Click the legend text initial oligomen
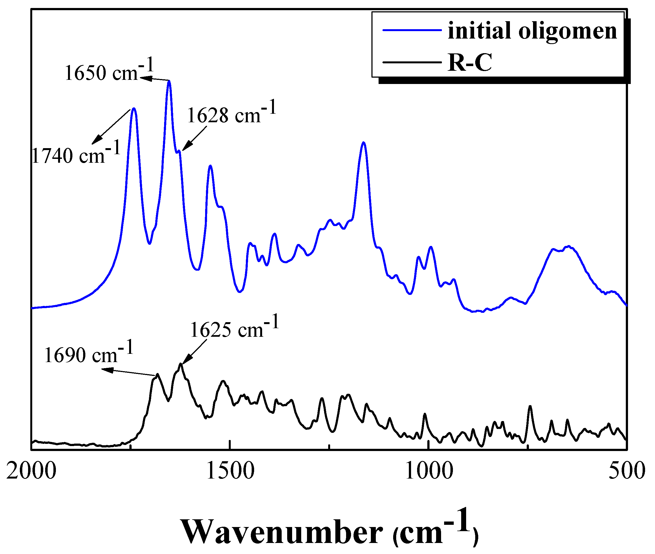tap(532, 31)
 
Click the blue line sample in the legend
tap(412, 30)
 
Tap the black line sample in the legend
tap(412, 62)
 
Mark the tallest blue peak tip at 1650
tap(169, 81)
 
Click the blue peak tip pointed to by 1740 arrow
tap(134, 108)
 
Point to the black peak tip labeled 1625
tap(181, 364)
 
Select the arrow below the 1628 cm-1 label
tap(195, 138)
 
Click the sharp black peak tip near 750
tap(530, 406)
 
